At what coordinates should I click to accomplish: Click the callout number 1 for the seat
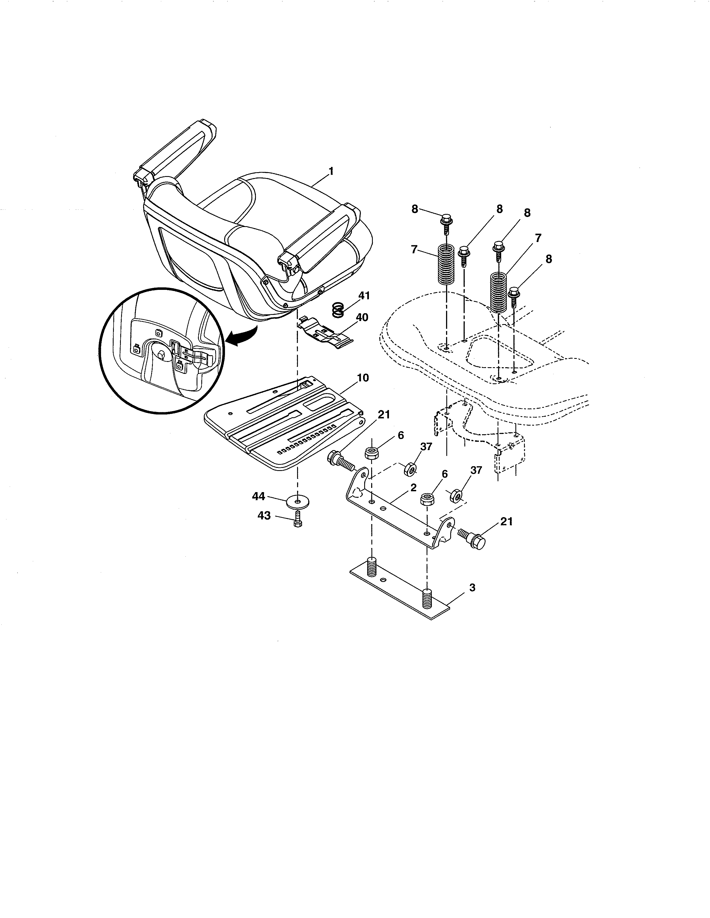[x=331, y=171]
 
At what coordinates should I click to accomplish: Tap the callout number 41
[x=364, y=295]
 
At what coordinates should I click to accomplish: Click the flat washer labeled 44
[x=298, y=502]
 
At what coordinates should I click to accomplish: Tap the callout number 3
[x=472, y=588]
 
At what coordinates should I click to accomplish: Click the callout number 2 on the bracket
[x=413, y=488]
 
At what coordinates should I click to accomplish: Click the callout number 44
[x=259, y=496]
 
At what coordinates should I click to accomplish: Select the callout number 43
[x=264, y=516]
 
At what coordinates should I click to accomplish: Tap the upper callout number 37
[x=426, y=447]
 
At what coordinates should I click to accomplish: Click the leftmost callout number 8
[x=415, y=209]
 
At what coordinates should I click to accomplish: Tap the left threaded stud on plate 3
[x=372, y=567]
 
